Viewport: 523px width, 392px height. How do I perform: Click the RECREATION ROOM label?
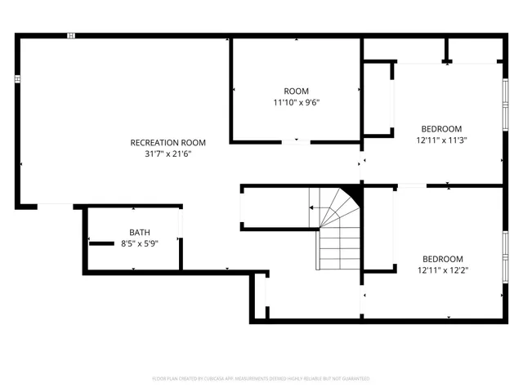coord(168,142)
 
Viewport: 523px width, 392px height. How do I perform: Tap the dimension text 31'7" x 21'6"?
coord(168,153)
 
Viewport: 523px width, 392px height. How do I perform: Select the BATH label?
coord(140,233)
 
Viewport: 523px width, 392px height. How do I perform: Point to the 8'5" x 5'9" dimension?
coord(140,243)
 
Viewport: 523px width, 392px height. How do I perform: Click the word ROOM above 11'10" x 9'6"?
coord(296,91)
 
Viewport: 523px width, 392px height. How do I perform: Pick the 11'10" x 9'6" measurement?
coord(296,102)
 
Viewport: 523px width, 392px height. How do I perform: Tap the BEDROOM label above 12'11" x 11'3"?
coord(441,128)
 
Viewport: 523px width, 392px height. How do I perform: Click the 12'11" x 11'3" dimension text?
coord(441,140)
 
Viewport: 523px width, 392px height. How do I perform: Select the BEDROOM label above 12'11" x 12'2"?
coord(441,259)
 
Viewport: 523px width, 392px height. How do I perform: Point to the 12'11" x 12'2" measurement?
coord(441,269)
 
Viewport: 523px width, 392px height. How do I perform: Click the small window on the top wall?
coord(71,36)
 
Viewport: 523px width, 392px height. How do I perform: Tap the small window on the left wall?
coord(17,78)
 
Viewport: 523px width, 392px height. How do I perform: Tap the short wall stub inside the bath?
coord(101,243)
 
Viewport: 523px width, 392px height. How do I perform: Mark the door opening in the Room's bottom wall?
coord(296,142)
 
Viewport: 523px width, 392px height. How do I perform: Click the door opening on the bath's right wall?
coord(180,224)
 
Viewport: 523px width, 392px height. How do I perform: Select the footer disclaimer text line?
coord(261,379)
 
